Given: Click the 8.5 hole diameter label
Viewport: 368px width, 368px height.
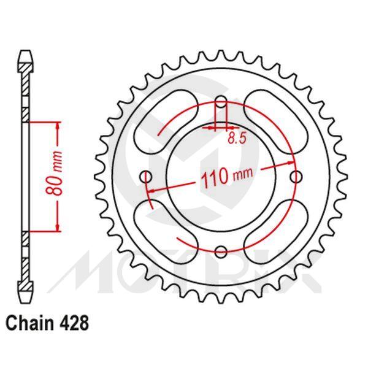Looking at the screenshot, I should click(x=237, y=139).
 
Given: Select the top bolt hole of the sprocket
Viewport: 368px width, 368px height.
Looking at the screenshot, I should click(x=221, y=102).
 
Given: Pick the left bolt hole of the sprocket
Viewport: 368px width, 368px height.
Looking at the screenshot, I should click(x=146, y=177).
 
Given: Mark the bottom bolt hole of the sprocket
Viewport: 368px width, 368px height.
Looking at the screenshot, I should click(x=221, y=251).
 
